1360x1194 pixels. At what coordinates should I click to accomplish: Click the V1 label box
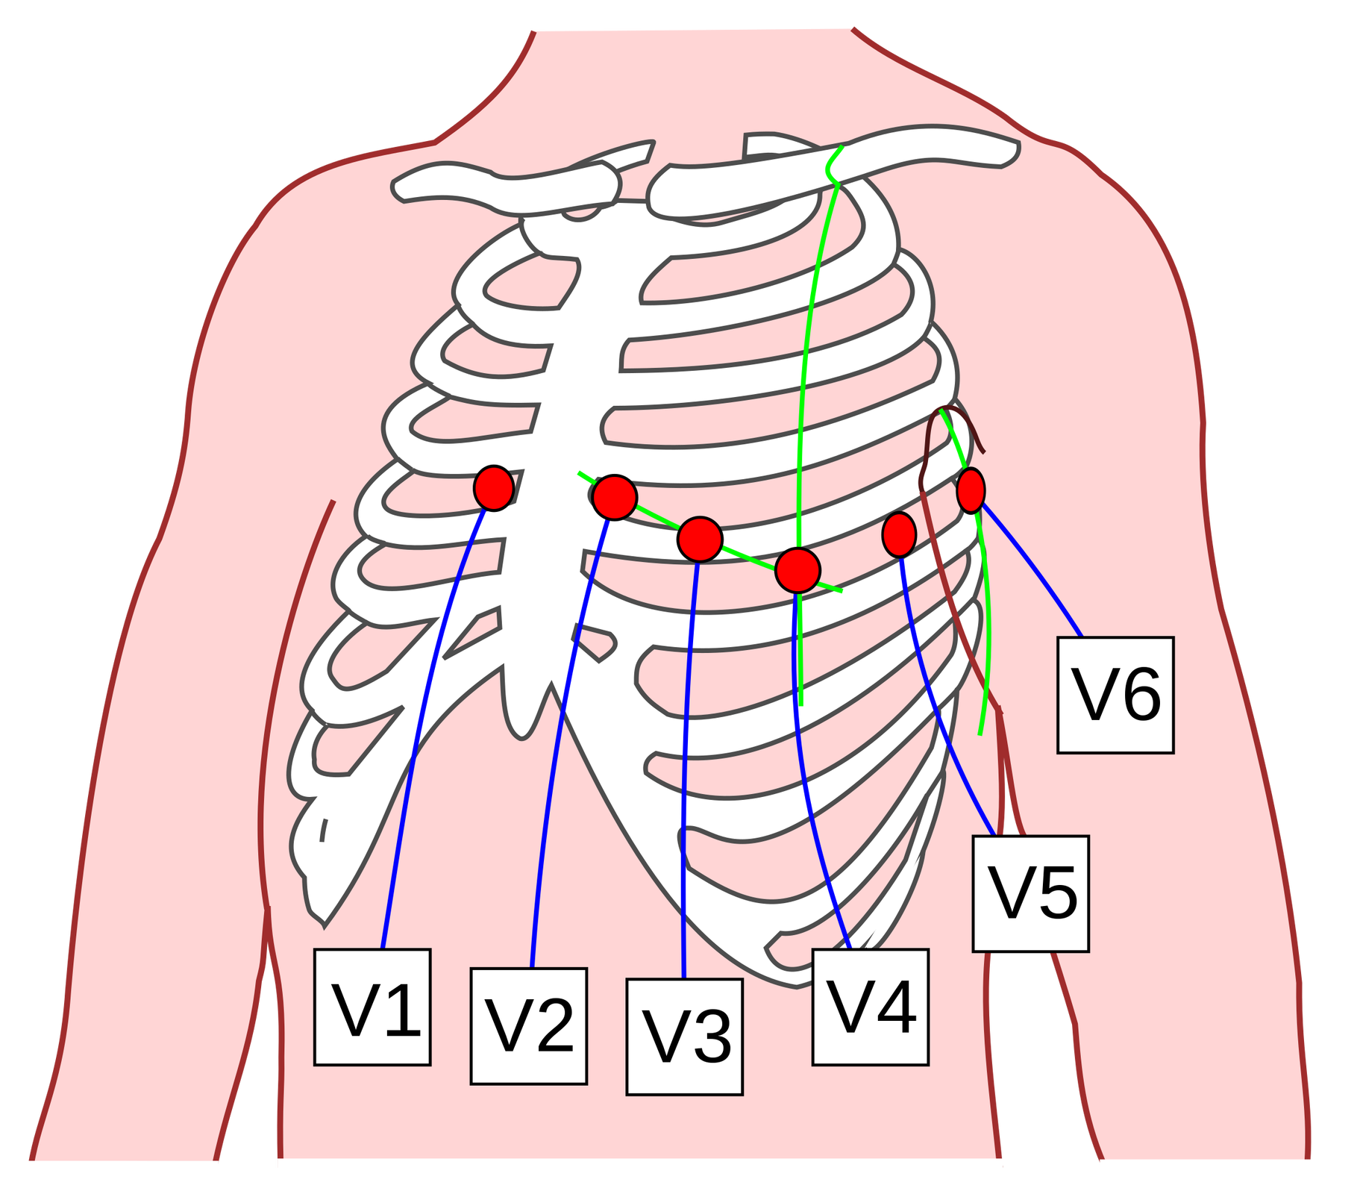(x=372, y=1007)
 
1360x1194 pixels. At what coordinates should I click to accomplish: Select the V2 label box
(x=528, y=1025)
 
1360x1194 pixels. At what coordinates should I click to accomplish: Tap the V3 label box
(x=684, y=1037)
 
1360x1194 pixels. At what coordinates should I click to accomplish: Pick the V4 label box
(x=870, y=1007)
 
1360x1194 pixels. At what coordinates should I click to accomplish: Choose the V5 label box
(x=1030, y=893)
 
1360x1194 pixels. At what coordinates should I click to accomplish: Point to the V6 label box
(x=1115, y=695)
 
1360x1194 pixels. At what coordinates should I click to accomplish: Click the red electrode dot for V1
(x=494, y=488)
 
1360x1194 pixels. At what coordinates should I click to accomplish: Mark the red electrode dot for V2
(x=615, y=497)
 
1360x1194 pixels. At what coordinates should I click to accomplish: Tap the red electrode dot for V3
(x=700, y=539)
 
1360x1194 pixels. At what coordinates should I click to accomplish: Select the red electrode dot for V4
(x=797, y=570)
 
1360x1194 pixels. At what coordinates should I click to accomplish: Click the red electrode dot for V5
(x=899, y=534)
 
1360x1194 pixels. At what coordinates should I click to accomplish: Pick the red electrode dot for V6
(x=971, y=490)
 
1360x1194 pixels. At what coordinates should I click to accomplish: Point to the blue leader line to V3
(x=686, y=746)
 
